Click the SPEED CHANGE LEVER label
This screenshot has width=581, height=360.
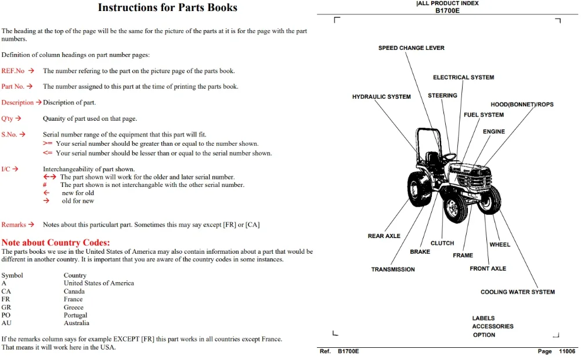click(x=412, y=48)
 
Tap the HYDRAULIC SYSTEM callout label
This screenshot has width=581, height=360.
click(x=381, y=97)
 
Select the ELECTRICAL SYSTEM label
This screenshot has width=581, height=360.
click(x=464, y=77)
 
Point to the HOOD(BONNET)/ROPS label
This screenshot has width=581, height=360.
click(x=522, y=105)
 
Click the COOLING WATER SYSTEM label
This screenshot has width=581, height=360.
click(x=518, y=292)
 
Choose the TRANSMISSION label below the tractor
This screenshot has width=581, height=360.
click(x=393, y=269)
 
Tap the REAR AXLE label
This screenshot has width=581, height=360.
click(x=384, y=236)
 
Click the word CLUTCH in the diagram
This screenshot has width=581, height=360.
click(x=442, y=243)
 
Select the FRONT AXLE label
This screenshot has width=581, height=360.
click(x=488, y=268)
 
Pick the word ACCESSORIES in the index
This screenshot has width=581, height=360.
click(x=493, y=326)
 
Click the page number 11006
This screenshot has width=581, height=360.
click(x=567, y=351)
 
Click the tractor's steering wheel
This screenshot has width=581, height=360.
click(x=449, y=157)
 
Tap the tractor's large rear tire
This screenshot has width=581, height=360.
click(x=419, y=189)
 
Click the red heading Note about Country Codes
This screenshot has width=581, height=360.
click(x=56, y=243)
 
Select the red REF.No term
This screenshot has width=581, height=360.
click(x=13, y=71)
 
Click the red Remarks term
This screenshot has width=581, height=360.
click(x=14, y=225)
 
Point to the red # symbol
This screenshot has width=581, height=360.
click(x=45, y=185)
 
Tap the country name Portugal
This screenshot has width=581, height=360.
click(x=75, y=315)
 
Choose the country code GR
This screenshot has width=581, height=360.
click(x=6, y=307)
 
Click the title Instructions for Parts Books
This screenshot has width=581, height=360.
click(x=168, y=8)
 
